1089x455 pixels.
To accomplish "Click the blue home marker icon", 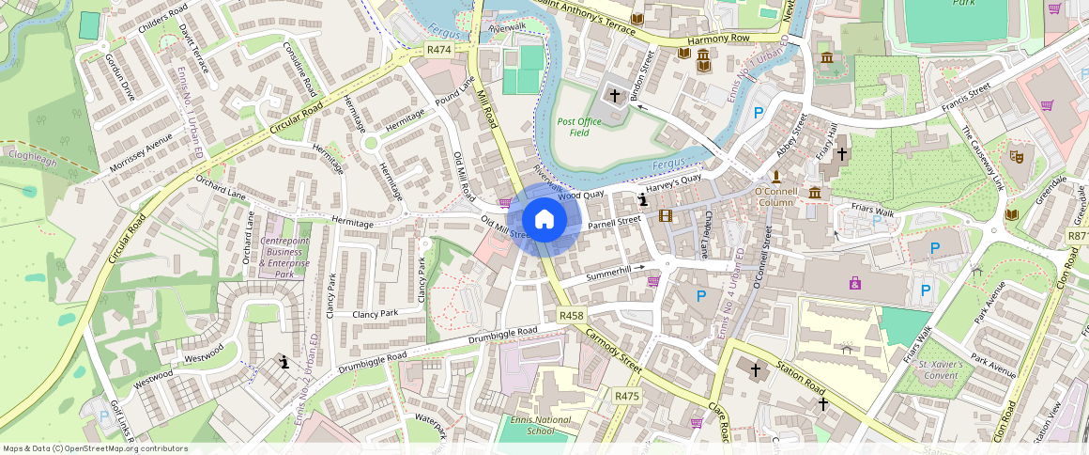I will click(544, 220).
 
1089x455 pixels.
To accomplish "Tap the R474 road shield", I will click(438, 49).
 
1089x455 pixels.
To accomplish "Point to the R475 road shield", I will click(626, 396).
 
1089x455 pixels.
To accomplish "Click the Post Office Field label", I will click(579, 127).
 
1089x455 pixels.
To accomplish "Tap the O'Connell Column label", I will click(775, 196).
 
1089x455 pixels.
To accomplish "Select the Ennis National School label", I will click(540, 425).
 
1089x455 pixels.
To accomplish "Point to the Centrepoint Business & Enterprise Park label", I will click(284, 258).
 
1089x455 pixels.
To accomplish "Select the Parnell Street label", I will click(614, 222).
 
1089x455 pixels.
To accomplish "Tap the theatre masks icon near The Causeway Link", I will click(1015, 155).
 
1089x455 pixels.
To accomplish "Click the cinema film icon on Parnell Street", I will click(666, 216).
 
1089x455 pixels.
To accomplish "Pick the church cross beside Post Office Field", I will click(615, 95).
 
